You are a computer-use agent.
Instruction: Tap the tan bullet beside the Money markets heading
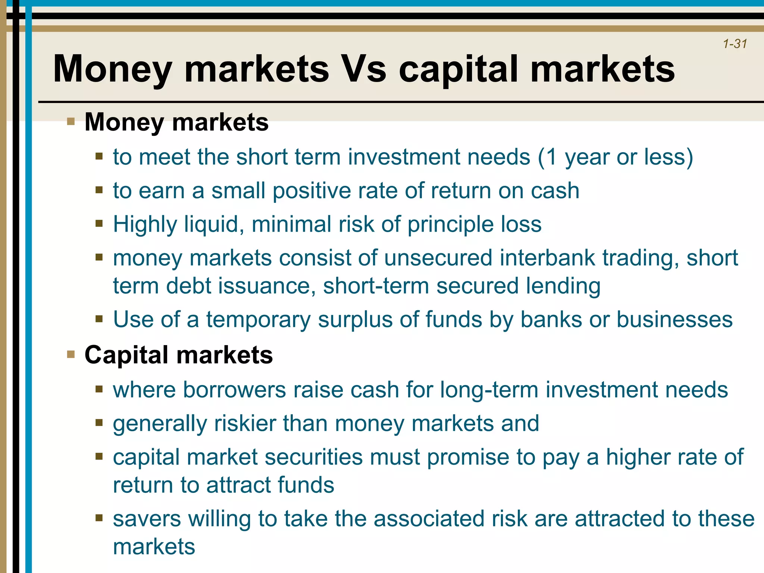coord(71,121)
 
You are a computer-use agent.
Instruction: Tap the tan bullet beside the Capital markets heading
coord(71,354)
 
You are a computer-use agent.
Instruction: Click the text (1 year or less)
coord(615,157)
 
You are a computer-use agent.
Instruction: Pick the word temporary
coord(259,320)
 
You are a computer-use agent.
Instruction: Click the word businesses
coord(674,320)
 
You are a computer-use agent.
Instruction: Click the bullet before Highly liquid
coord(99,224)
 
